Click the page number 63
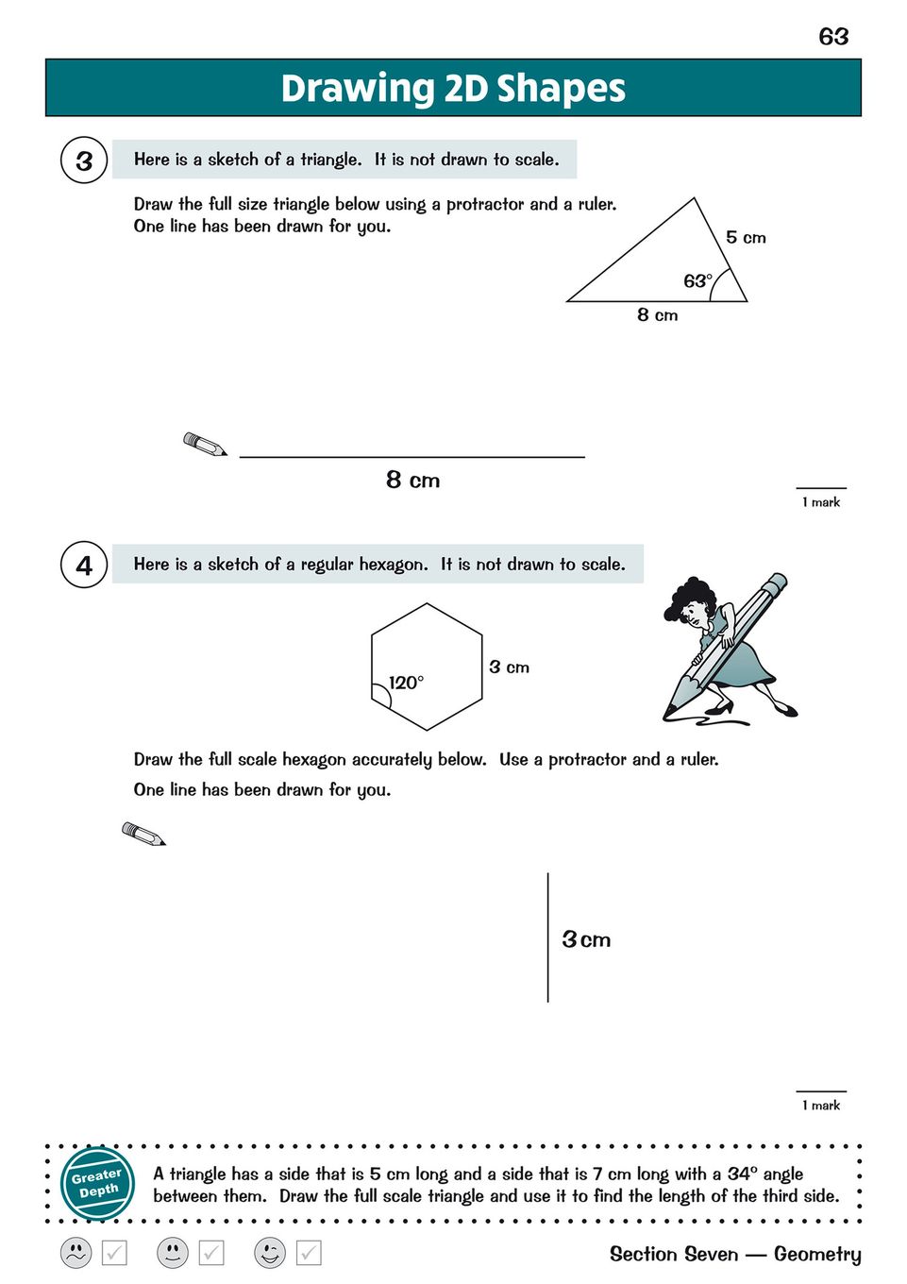(x=833, y=36)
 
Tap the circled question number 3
(x=84, y=160)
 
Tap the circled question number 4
(x=84, y=565)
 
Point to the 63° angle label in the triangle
(x=697, y=280)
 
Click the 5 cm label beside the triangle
(x=746, y=237)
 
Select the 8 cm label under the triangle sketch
(x=657, y=314)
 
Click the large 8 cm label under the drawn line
(x=412, y=480)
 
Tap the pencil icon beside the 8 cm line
(x=205, y=444)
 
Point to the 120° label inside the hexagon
(x=406, y=683)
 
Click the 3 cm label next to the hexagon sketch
(x=509, y=667)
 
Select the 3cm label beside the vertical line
(x=586, y=939)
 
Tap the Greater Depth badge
(x=97, y=1182)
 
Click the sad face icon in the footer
(x=76, y=1253)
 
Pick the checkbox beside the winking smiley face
(x=309, y=1253)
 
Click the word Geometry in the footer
(x=817, y=1254)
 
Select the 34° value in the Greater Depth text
(x=743, y=1174)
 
